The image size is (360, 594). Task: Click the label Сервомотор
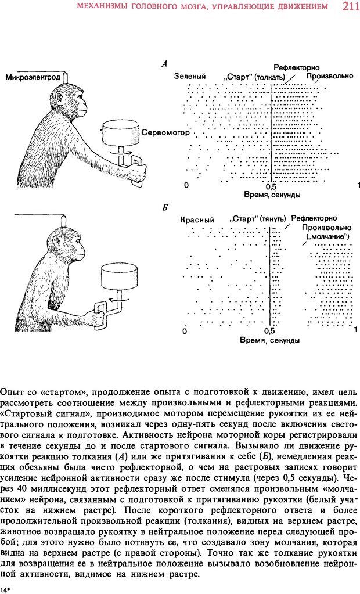(x=165, y=133)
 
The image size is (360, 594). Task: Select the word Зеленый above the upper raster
(x=190, y=77)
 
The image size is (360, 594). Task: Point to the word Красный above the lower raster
(x=197, y=220)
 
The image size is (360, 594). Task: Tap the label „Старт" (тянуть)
(x=258, y=219)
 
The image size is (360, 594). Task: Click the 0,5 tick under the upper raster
(x=271, y=186)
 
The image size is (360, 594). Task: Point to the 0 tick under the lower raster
(x=185, y=331)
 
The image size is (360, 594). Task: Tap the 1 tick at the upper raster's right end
(x=358, y=185)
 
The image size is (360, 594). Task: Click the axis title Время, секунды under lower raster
(x=270, y=340)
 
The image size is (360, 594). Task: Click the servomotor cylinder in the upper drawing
(x=121, y=135)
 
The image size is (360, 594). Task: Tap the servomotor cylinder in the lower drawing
(x=120, y=276)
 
